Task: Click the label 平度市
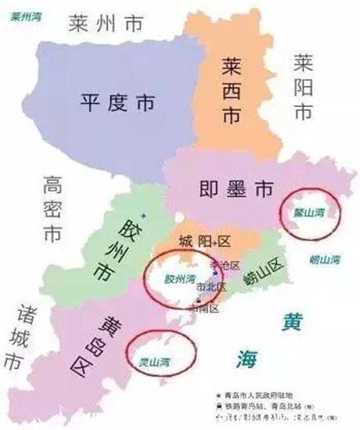(x=118, y=102)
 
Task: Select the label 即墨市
(x=225, y=188)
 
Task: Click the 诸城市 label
(x=16, y=338)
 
